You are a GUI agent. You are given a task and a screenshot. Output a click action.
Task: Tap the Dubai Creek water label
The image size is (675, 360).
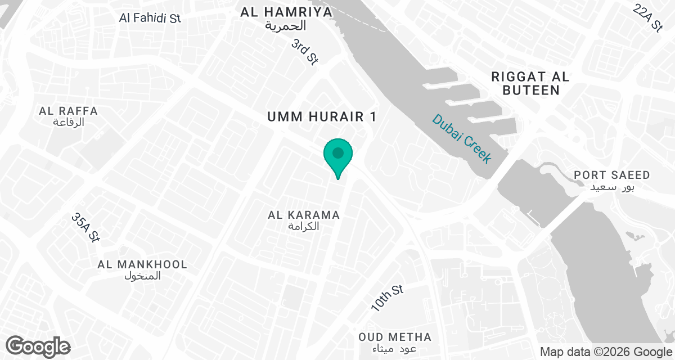click(462, 138)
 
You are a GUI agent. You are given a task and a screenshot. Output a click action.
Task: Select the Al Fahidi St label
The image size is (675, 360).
click(150, 17)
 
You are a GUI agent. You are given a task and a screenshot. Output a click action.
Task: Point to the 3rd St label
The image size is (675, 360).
click(305, 52)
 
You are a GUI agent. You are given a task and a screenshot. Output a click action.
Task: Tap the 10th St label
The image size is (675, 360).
click(388, 299)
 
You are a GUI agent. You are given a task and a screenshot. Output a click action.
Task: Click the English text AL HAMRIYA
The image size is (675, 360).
click(287, 12)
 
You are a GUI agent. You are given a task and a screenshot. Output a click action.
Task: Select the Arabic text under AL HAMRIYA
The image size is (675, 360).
click(287, 26)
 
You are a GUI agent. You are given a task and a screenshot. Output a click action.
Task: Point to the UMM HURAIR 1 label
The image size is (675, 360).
click(322, 117)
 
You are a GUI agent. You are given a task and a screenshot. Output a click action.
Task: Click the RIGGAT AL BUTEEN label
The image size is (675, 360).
click(530, 83)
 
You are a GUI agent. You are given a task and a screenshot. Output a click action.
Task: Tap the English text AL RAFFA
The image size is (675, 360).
click(69, 111)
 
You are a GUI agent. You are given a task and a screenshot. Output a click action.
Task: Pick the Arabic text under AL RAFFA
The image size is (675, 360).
click(69, 123)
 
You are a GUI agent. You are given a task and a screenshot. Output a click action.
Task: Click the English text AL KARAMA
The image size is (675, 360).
click(304, 215)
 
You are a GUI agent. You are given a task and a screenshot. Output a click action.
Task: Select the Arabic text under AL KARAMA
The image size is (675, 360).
click(304, 227)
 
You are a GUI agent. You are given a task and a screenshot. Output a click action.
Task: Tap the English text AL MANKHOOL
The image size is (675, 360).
click(142, 264)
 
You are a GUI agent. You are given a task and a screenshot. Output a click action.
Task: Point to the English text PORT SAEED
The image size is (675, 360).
click(612, 175)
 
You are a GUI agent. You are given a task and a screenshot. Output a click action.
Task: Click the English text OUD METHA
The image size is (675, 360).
click(395, 337)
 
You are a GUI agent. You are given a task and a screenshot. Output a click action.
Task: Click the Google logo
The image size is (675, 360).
click(38, 346)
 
